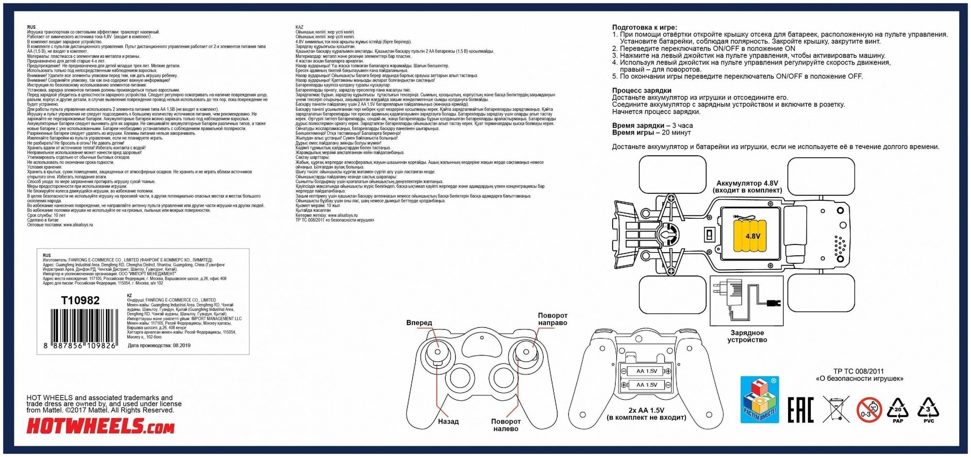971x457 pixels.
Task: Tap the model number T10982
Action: coord(80,300)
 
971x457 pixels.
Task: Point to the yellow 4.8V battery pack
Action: coord(752,235)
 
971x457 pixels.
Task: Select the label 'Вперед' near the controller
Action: coord(419,323)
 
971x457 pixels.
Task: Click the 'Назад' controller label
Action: coord(448,422)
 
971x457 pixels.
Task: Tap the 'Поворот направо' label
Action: coord(552,319)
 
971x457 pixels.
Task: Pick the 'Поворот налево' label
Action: coord(505,425)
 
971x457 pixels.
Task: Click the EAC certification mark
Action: coord(800,409)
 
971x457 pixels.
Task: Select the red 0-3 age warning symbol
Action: coord(869,409)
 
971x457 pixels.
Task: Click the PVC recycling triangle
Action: coord(928,409)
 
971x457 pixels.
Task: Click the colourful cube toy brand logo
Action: coord(759,399)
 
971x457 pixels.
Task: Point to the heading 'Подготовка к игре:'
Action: coord(644,28)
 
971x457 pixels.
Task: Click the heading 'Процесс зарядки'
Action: coord(641,90)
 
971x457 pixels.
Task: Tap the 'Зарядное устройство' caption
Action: coord(747,336)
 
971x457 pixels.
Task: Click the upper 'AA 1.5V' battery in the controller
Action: coord(646,371)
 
